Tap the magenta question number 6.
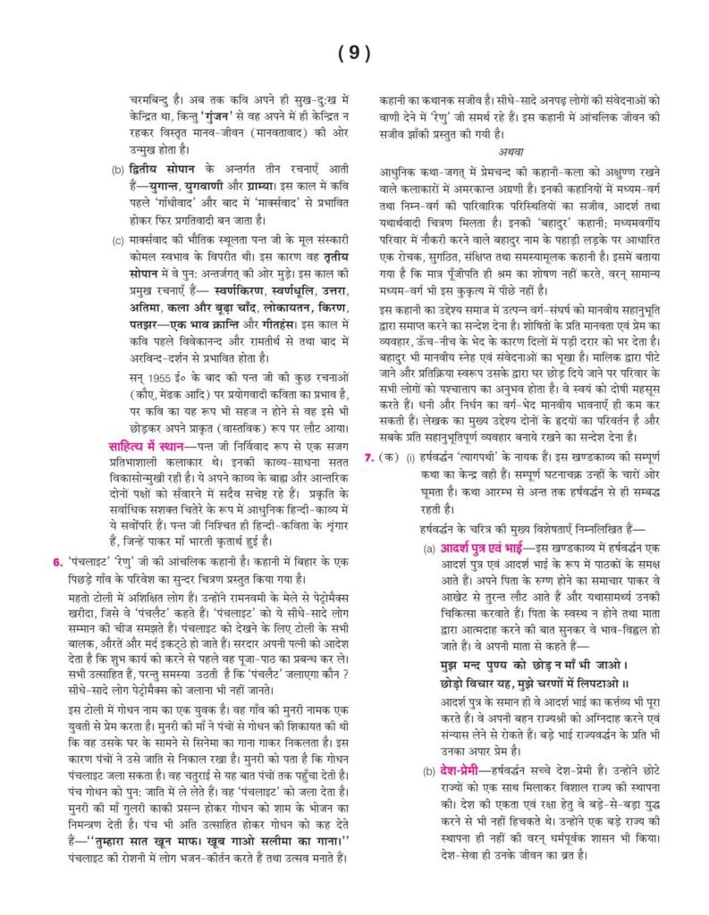pyautogui.click(x=56, y=561)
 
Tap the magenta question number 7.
pyautogui.click(x=369, y=458)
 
